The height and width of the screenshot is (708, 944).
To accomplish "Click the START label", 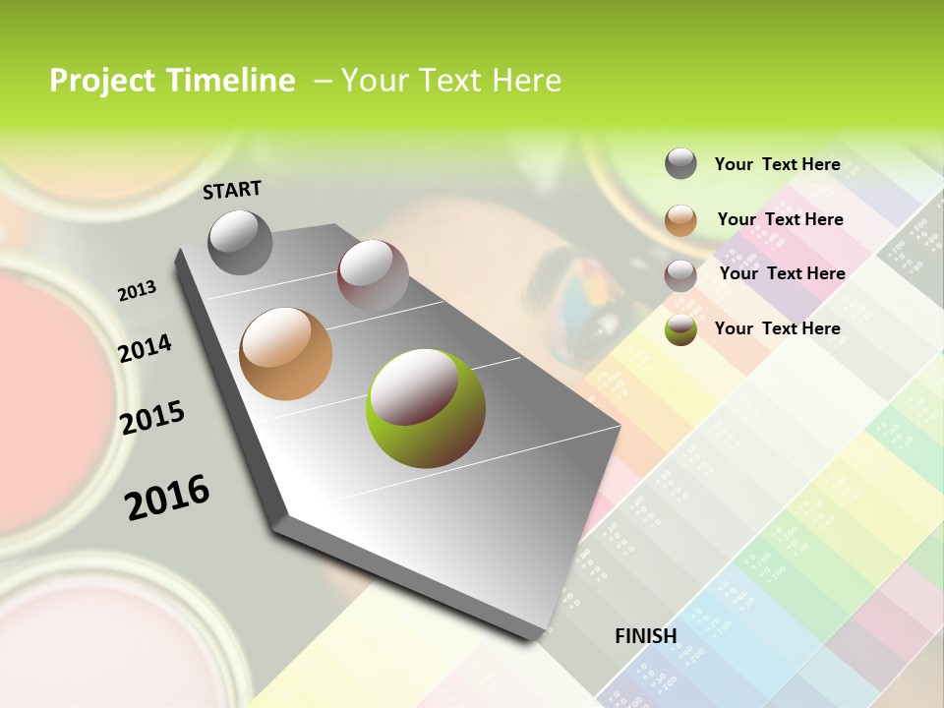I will pos(232,190).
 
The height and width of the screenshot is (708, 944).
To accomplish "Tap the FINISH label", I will pos(645,636).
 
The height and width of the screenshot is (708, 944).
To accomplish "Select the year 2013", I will pos(138,290).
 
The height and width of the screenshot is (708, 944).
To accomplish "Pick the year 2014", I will pos(145,348).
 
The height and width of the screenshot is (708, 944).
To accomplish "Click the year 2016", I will pos(167,497).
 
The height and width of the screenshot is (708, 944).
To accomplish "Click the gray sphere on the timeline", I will pos(241,242).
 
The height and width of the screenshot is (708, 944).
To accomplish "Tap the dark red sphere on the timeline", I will pos(373,275).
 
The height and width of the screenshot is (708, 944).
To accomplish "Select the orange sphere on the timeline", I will pos(286,353).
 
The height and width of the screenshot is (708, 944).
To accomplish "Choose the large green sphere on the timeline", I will pos(426,407).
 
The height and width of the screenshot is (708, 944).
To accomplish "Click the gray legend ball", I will pos(680,163).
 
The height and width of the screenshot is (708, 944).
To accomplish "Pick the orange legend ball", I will pos(680,219).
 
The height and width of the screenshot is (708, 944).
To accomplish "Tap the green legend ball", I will pos(680,329).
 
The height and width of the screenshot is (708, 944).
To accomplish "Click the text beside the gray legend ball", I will pos(777,164).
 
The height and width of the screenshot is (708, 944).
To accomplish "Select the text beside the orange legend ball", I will pos(780,219).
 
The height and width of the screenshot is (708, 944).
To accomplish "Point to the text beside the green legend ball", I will pos(777,328).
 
